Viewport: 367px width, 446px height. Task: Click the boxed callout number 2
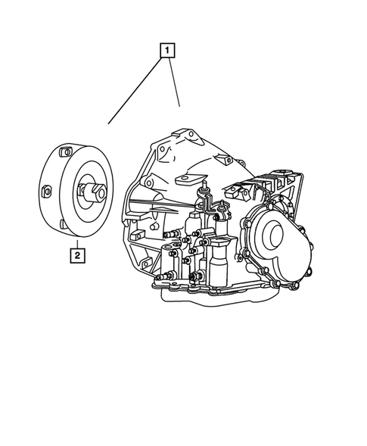[77, 254]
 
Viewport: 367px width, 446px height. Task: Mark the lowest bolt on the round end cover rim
[274, 284]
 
